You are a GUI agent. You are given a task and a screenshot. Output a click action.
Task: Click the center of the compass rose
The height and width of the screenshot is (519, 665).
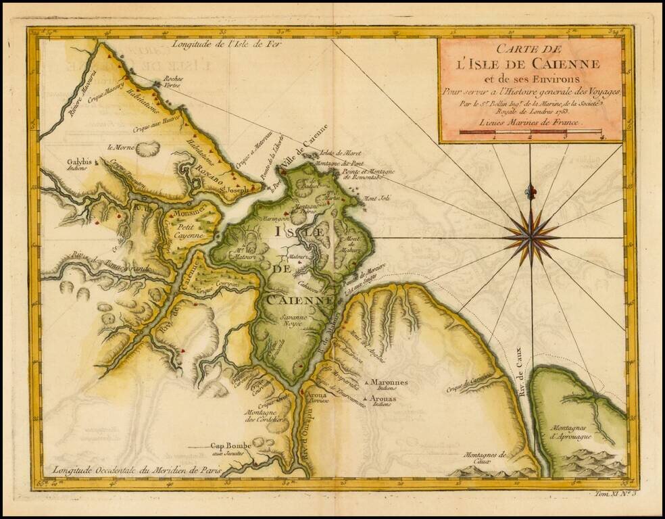[x=531, y=237]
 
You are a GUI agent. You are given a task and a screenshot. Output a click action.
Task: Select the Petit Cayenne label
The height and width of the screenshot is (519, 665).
[x=186, y=232]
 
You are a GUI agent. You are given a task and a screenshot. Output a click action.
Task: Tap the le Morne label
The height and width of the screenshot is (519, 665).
[x=119, y=147]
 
